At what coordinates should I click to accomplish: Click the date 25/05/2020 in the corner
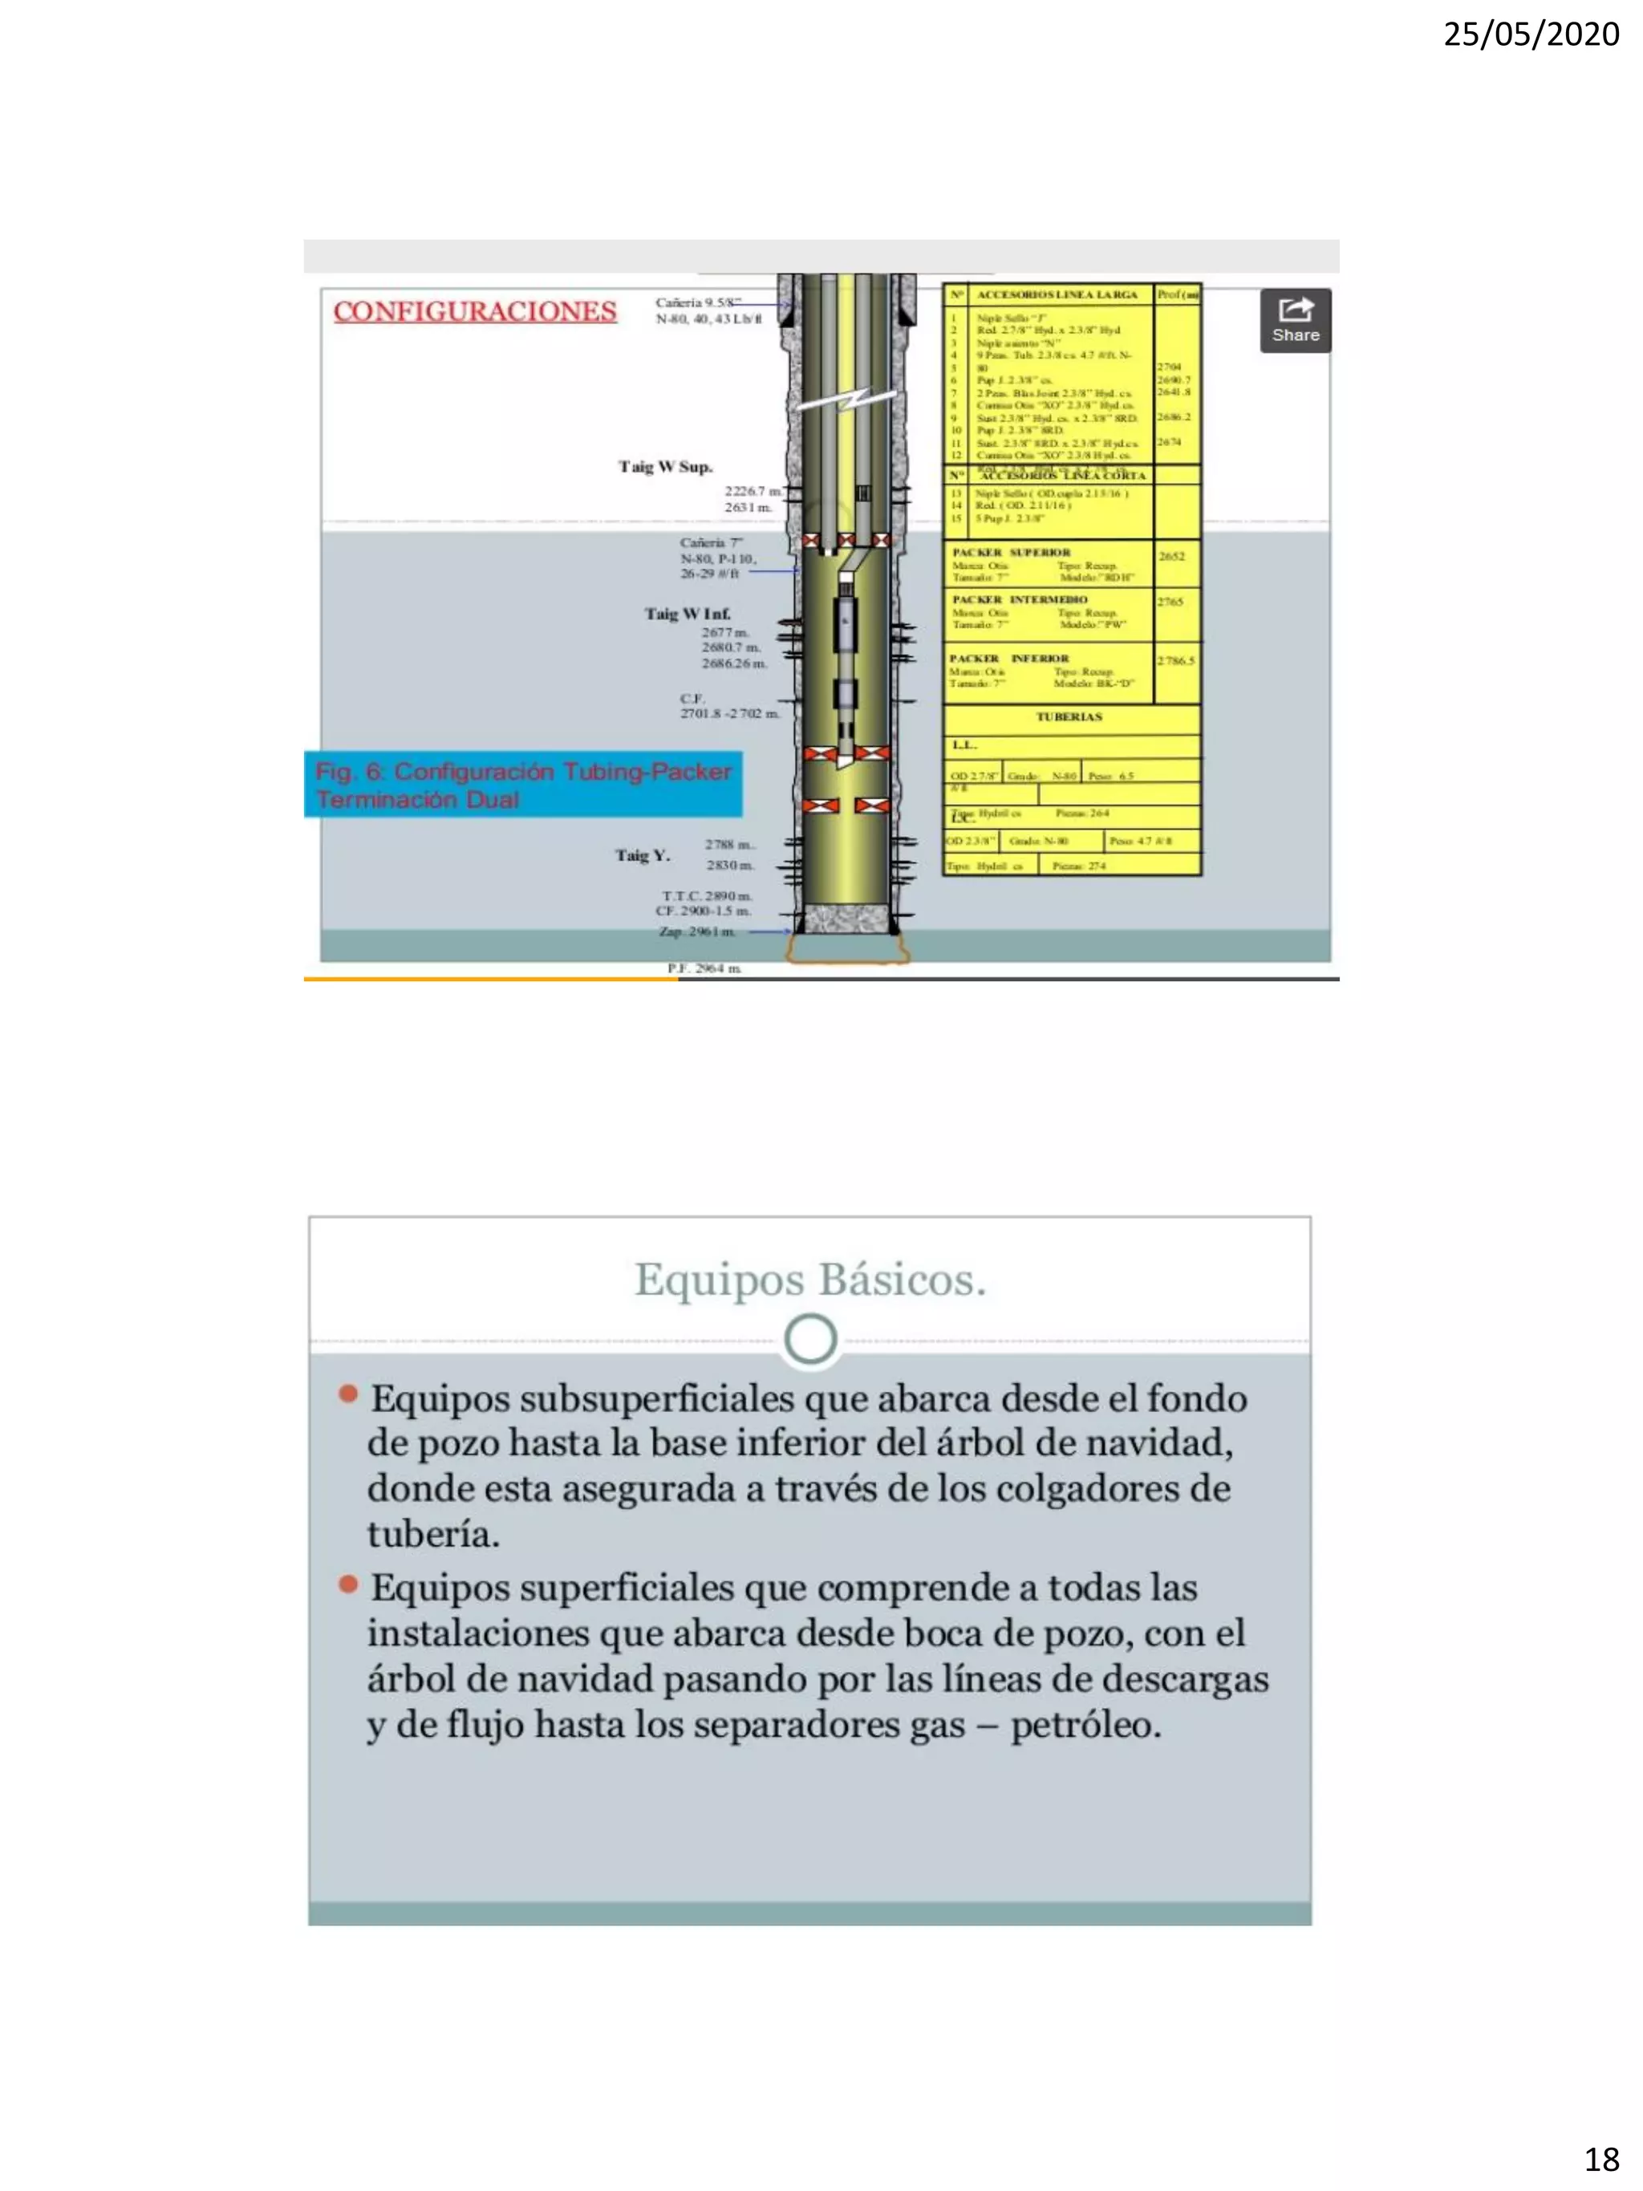pyautogui.click(x=1530, y=34)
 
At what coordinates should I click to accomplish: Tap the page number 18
pyautogui.click(x=1601, y=2159)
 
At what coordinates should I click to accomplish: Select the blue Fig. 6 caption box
pyautogui.click(x=523, y=785)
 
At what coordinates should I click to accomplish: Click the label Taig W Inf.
pyautogui.click(x=688, y=614)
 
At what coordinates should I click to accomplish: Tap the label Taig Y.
pyautogui.click(x=642, y=854)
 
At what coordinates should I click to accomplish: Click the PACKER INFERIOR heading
pyautogui.click(x=1009, y=658)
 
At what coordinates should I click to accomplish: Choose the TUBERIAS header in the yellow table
pyautogui.click(x=1069, y=717)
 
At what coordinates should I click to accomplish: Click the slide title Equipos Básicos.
pyautogui.click(x=810, y=1279)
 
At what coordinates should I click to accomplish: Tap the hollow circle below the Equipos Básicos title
pyautogui.click(x=810, y=1339)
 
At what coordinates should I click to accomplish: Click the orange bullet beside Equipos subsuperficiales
pyautogui.click(x=347, y=1394)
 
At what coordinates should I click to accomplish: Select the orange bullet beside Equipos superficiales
pyautogui.click(x=347, y=1584)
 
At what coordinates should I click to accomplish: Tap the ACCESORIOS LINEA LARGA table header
pyautogui.click(x=1057, y=294)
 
